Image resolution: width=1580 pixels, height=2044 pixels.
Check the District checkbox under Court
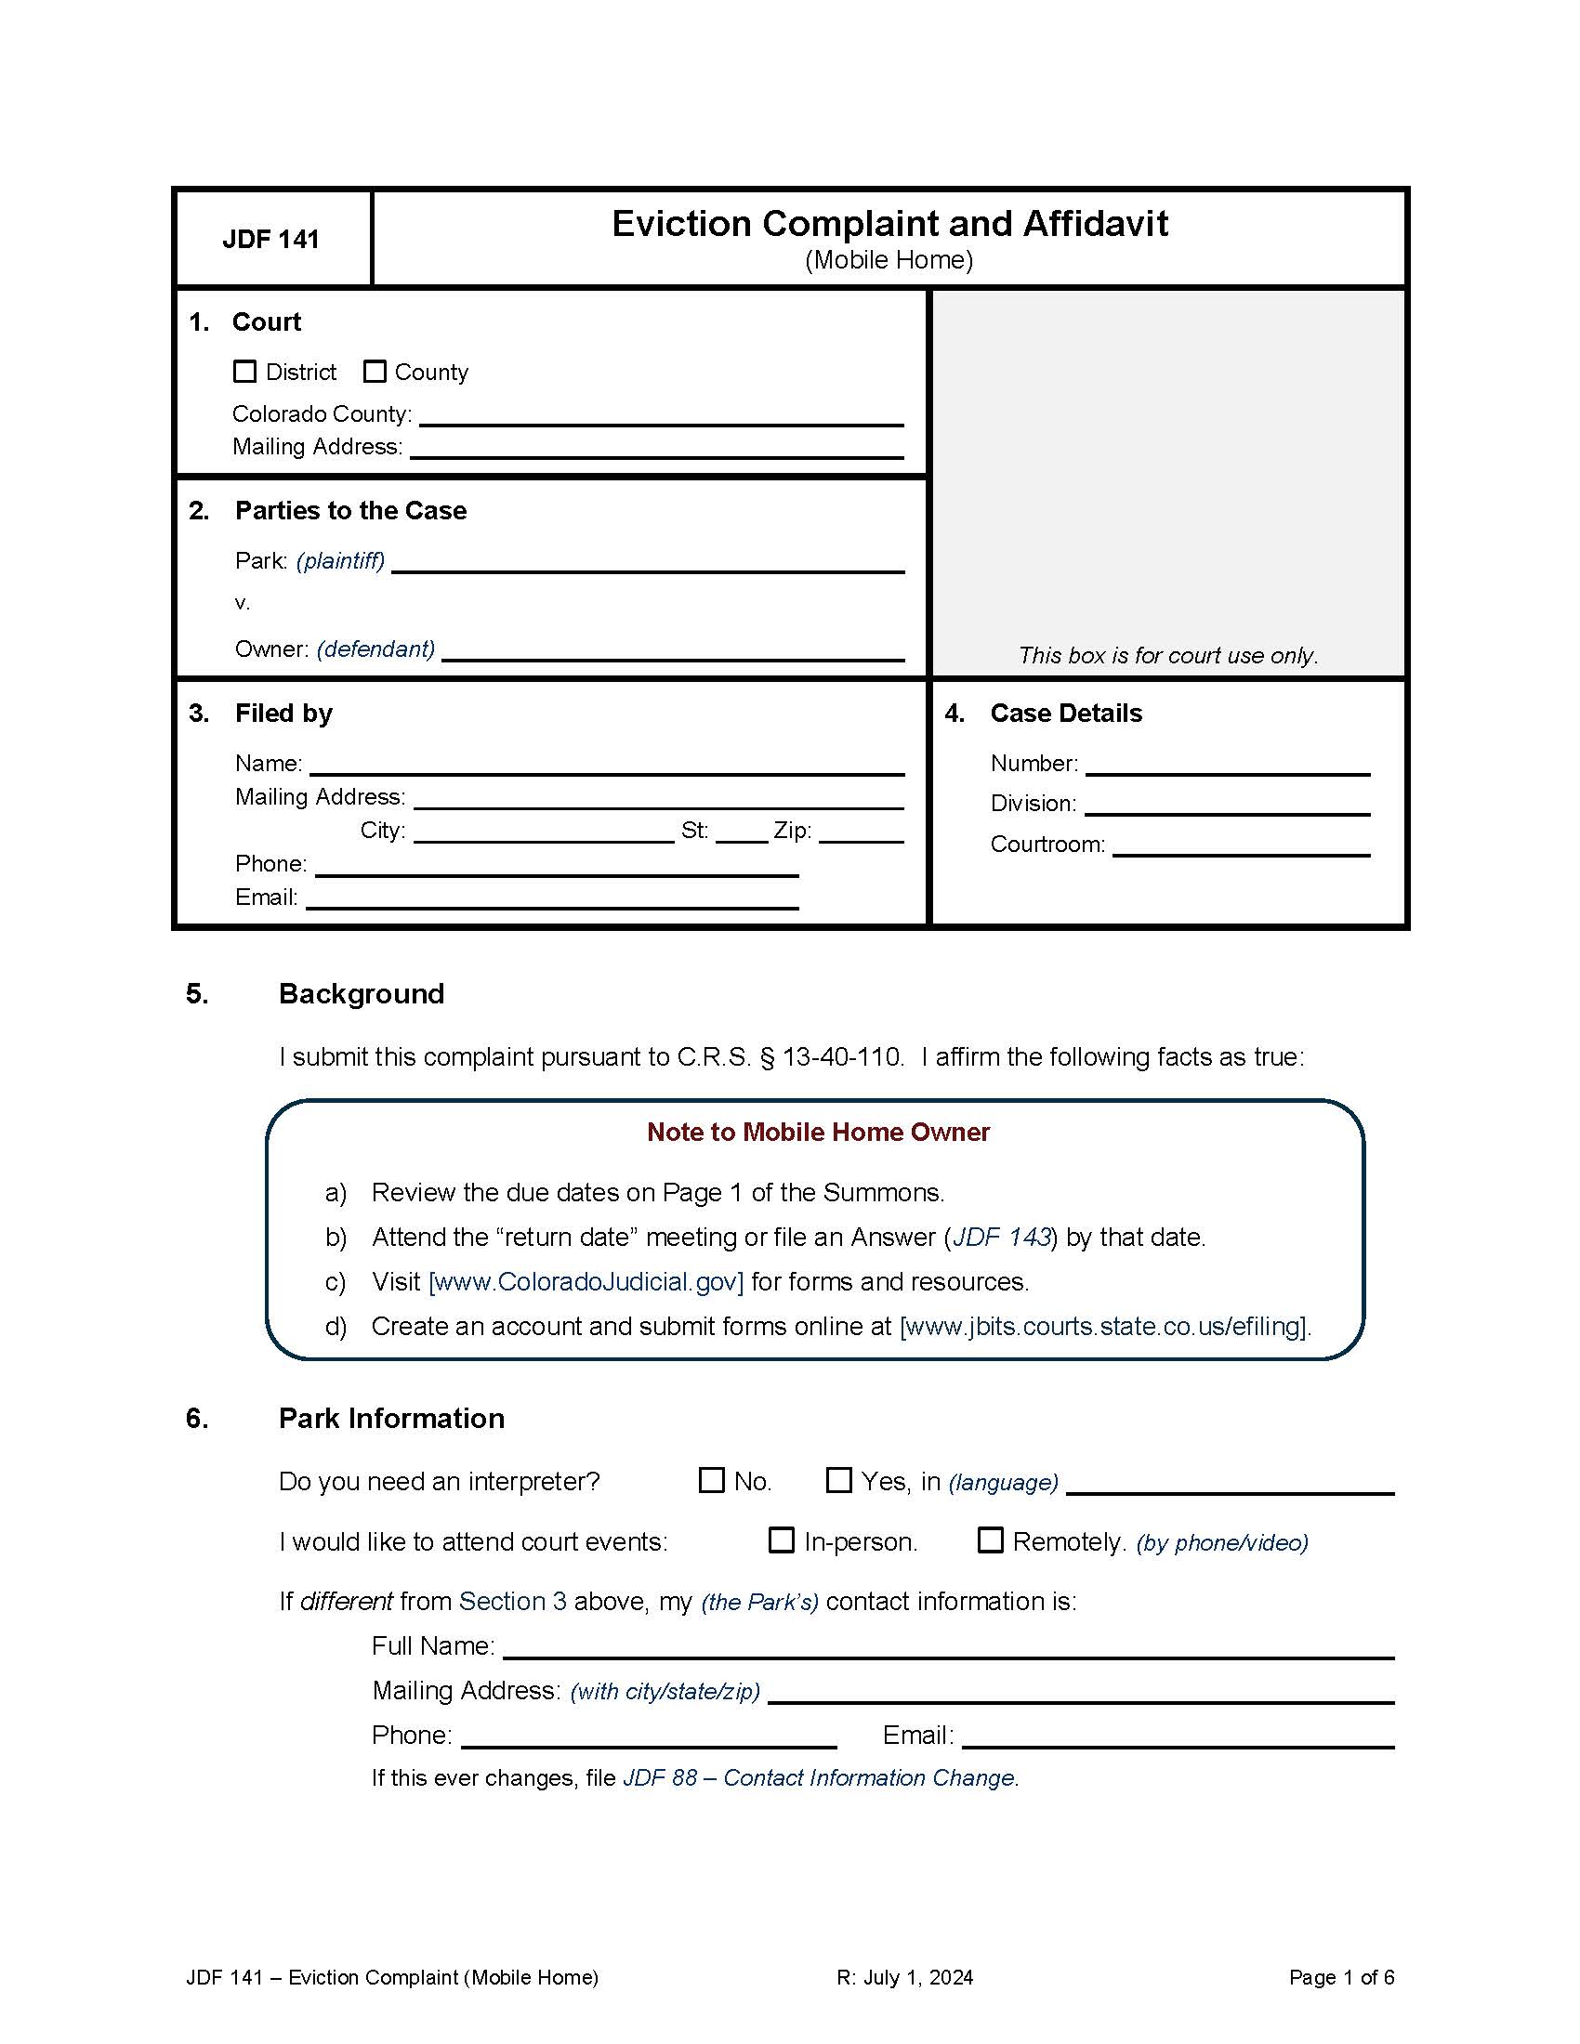click(244, 372)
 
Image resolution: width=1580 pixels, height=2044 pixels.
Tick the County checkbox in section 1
click(375, 372)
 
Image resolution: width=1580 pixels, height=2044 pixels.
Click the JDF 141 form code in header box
click(270, 240)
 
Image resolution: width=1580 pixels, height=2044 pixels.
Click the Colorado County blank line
click(661, 416)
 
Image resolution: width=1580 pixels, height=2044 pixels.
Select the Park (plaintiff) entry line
click(648, 562)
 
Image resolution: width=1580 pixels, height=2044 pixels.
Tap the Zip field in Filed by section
click(862, 833)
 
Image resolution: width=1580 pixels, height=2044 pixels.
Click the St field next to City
click(742, 833)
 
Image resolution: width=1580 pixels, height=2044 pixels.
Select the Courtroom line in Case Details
click(1240, 846)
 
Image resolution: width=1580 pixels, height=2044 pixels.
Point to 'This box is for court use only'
click(1167, 655)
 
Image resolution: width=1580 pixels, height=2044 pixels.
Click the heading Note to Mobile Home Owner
click(817, 1133)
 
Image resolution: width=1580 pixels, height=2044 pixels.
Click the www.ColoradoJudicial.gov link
click(586, 1282)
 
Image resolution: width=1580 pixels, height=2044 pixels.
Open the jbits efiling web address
click(1104, 1327)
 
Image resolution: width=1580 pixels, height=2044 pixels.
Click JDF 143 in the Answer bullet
click(1001, 1238)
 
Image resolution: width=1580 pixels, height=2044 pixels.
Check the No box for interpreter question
click(711, 1481)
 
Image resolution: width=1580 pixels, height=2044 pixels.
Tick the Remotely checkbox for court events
click(990, 1540)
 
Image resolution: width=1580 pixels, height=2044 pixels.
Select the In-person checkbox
click(781, 1540)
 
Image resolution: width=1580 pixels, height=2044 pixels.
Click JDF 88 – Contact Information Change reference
click(820, 1778)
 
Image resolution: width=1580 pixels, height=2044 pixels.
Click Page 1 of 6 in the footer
click(1340, 1977)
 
